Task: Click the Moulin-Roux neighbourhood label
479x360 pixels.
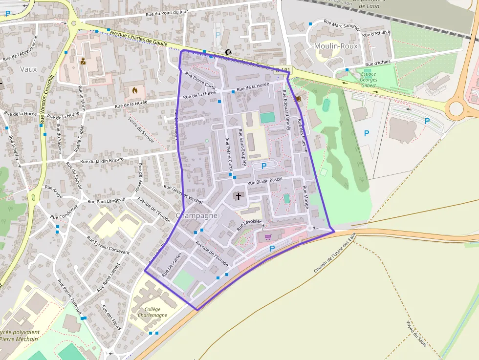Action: pyautogui.click(x=336, y=46)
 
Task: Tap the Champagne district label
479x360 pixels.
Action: pyautogui.click(x=196, y=215)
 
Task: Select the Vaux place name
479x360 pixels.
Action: pyautogui.click(x=28, y=69)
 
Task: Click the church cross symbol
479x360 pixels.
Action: pyautogui.click(x=239, y=196)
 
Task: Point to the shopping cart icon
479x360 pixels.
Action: pyautogui.click(x=267, y=237)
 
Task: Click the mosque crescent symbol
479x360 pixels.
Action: pyautogui.click(x=228, y=52)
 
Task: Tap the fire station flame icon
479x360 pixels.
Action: pyautogui.click(x=135, y=90)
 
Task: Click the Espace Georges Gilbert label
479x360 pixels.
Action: pyautogui.click(x=368, y=80)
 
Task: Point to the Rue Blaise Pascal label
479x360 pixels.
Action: pyautogui.click(x=265, y=181)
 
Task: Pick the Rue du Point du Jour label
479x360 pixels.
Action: pyautogui.click(x=167, y=14)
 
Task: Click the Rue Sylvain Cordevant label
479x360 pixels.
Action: pyautogui.click(x=108, y=245)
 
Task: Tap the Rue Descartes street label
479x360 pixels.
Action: pyautogui.click(x=172, y=264)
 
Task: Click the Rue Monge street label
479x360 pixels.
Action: pyautogui.click(x=305, y=197)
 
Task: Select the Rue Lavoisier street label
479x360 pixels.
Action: pyautogui.click(x=249, y=225)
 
